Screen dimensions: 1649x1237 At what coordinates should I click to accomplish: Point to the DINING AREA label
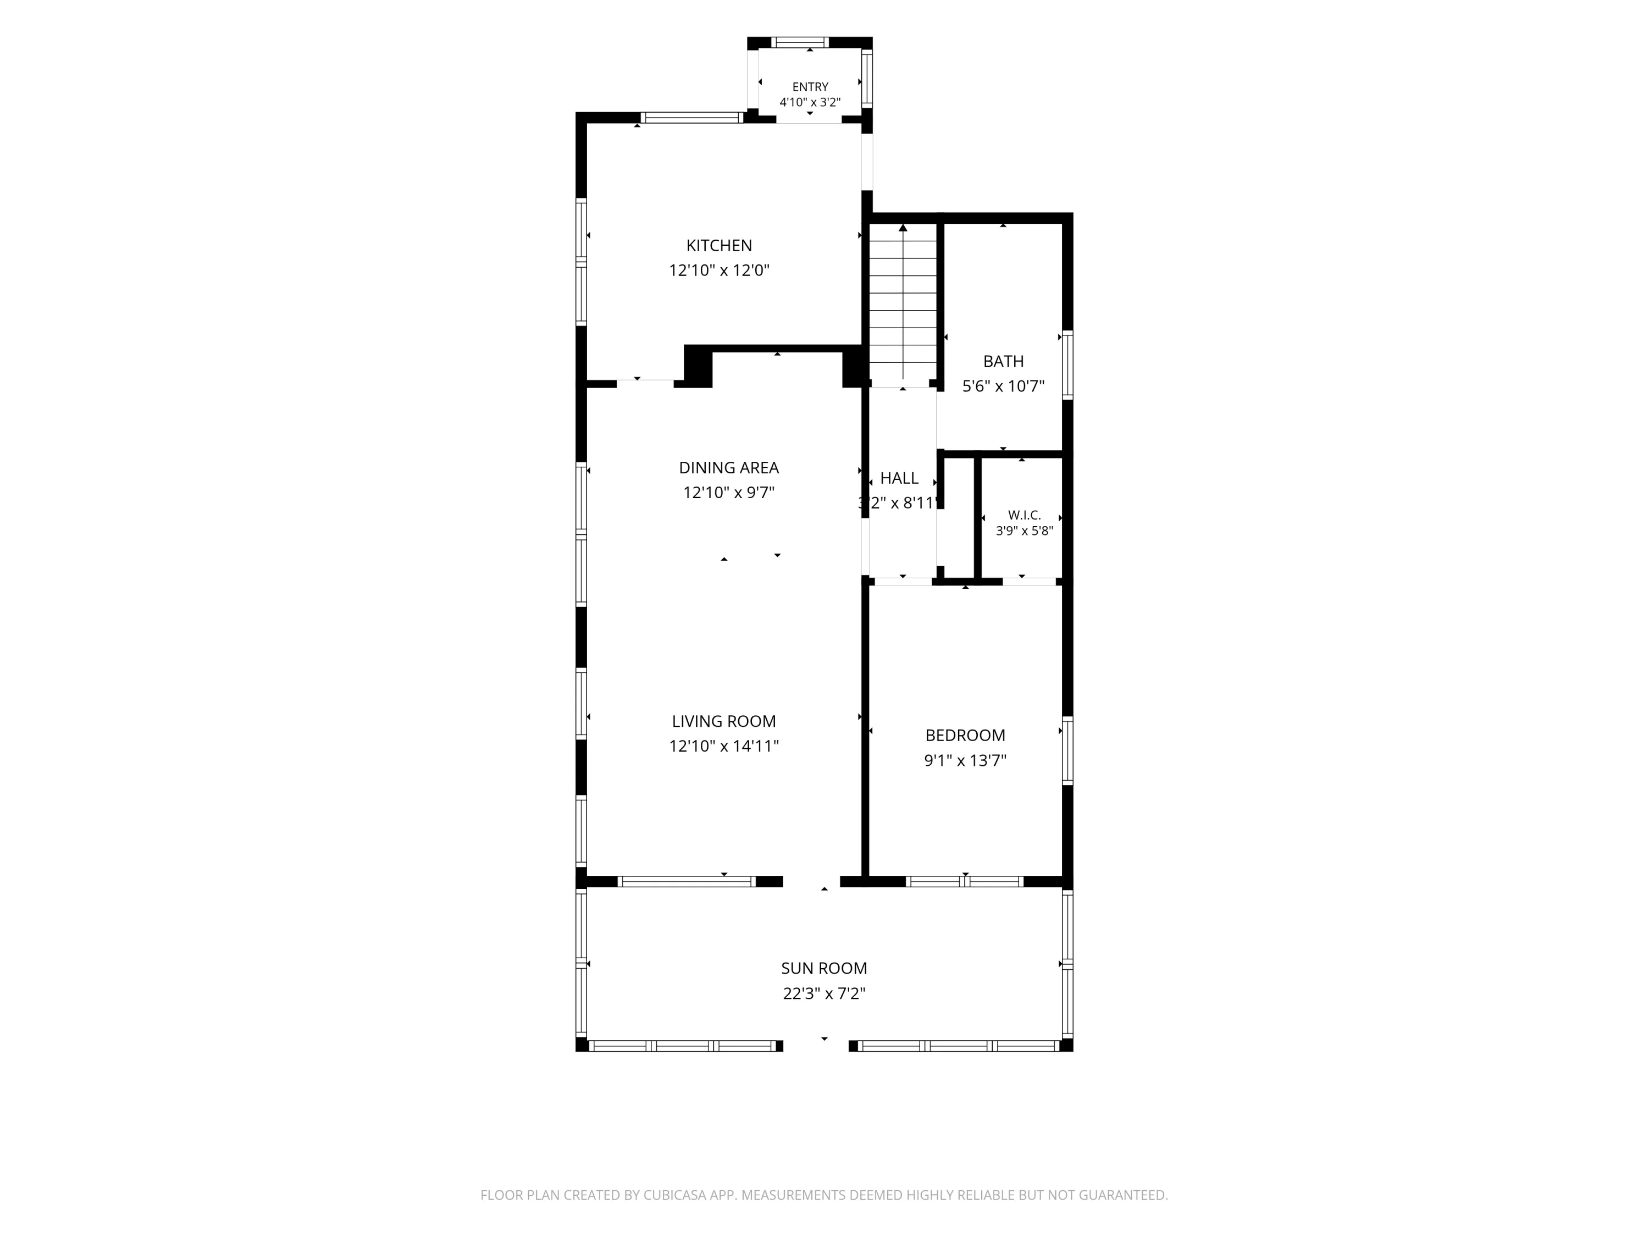[728, 467]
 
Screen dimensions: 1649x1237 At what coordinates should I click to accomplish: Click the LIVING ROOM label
[724, 721]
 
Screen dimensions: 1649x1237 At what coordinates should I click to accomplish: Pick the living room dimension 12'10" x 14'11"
[724, 745]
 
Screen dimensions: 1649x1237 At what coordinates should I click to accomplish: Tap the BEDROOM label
[965, 735]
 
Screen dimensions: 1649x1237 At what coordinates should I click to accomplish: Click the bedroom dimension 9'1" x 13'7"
[965, 760]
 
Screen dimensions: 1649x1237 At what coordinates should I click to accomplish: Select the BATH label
[1003, 362]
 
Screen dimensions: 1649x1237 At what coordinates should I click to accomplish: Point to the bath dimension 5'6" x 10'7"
[1003, 386]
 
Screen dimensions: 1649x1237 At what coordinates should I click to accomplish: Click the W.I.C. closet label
[1024, 515]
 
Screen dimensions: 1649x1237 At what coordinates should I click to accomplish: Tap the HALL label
[899, 478]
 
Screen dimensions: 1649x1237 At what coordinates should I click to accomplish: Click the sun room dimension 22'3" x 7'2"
[824, 993]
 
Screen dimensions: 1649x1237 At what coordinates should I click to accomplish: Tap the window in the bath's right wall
[1067, 366]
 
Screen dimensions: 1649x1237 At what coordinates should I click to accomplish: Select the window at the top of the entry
[799, 42]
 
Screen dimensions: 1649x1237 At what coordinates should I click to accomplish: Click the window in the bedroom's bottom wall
[965, 881]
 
